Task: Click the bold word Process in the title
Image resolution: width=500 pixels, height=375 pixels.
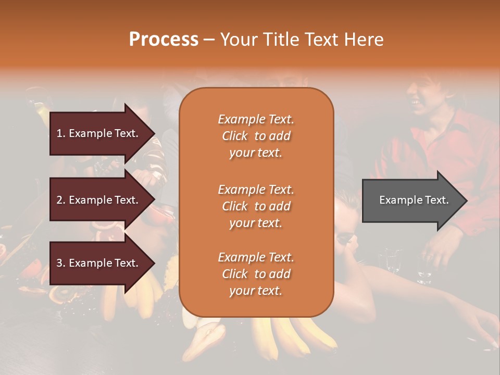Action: coord(164,40)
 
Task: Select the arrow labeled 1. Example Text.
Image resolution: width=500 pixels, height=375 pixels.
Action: coord(99,133)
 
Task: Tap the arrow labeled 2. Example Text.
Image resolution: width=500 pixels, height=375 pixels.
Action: coord(99,200)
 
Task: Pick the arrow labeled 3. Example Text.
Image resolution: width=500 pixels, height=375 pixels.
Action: coord(99,263)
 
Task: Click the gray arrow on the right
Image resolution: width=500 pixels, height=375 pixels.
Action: coord(411,200)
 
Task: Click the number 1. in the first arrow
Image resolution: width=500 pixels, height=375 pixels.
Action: coord(61,133)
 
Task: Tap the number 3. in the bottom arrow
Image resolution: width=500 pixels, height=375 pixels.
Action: coord(61,263)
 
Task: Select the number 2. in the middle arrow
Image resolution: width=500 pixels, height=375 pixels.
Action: coord(61,200)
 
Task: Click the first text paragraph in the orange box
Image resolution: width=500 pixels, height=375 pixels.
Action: coord(256,136)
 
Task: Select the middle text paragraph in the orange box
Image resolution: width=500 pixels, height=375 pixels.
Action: coord(256,206)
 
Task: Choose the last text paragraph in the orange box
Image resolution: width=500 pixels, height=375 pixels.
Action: coord(256,274)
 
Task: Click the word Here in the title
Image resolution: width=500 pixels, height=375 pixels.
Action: coord(366,40)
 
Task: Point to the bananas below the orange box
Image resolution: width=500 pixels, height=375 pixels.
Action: coord(292,333)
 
